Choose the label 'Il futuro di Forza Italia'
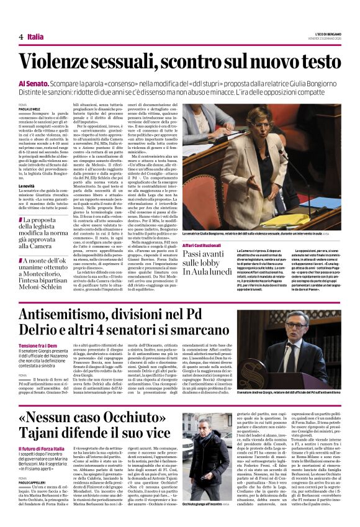coord(43,448)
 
